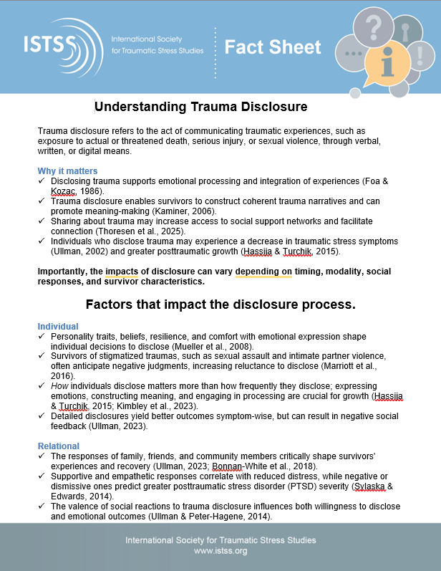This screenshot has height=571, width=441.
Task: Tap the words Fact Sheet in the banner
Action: coord(273,47)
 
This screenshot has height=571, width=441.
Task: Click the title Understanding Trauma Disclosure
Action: coord(201,107)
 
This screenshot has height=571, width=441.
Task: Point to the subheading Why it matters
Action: coord(67,171)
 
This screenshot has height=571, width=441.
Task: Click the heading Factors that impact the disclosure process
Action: coord(220,304)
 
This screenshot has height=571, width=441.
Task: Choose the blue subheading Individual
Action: coord(58,327)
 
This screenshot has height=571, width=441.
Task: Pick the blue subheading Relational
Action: coord(59,446)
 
